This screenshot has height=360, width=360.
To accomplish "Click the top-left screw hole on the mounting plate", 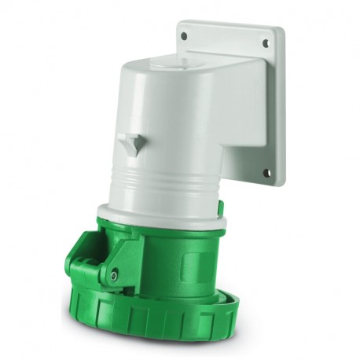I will pyautogui.click(x=184, y=36).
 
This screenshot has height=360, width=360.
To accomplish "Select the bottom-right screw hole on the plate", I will pyautogui.click(x=266, y=173).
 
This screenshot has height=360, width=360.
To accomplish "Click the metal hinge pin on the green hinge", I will pyautogui.click(x=115, y=274).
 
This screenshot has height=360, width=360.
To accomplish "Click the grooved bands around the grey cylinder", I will pyautogui.click(x=157, y=189).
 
